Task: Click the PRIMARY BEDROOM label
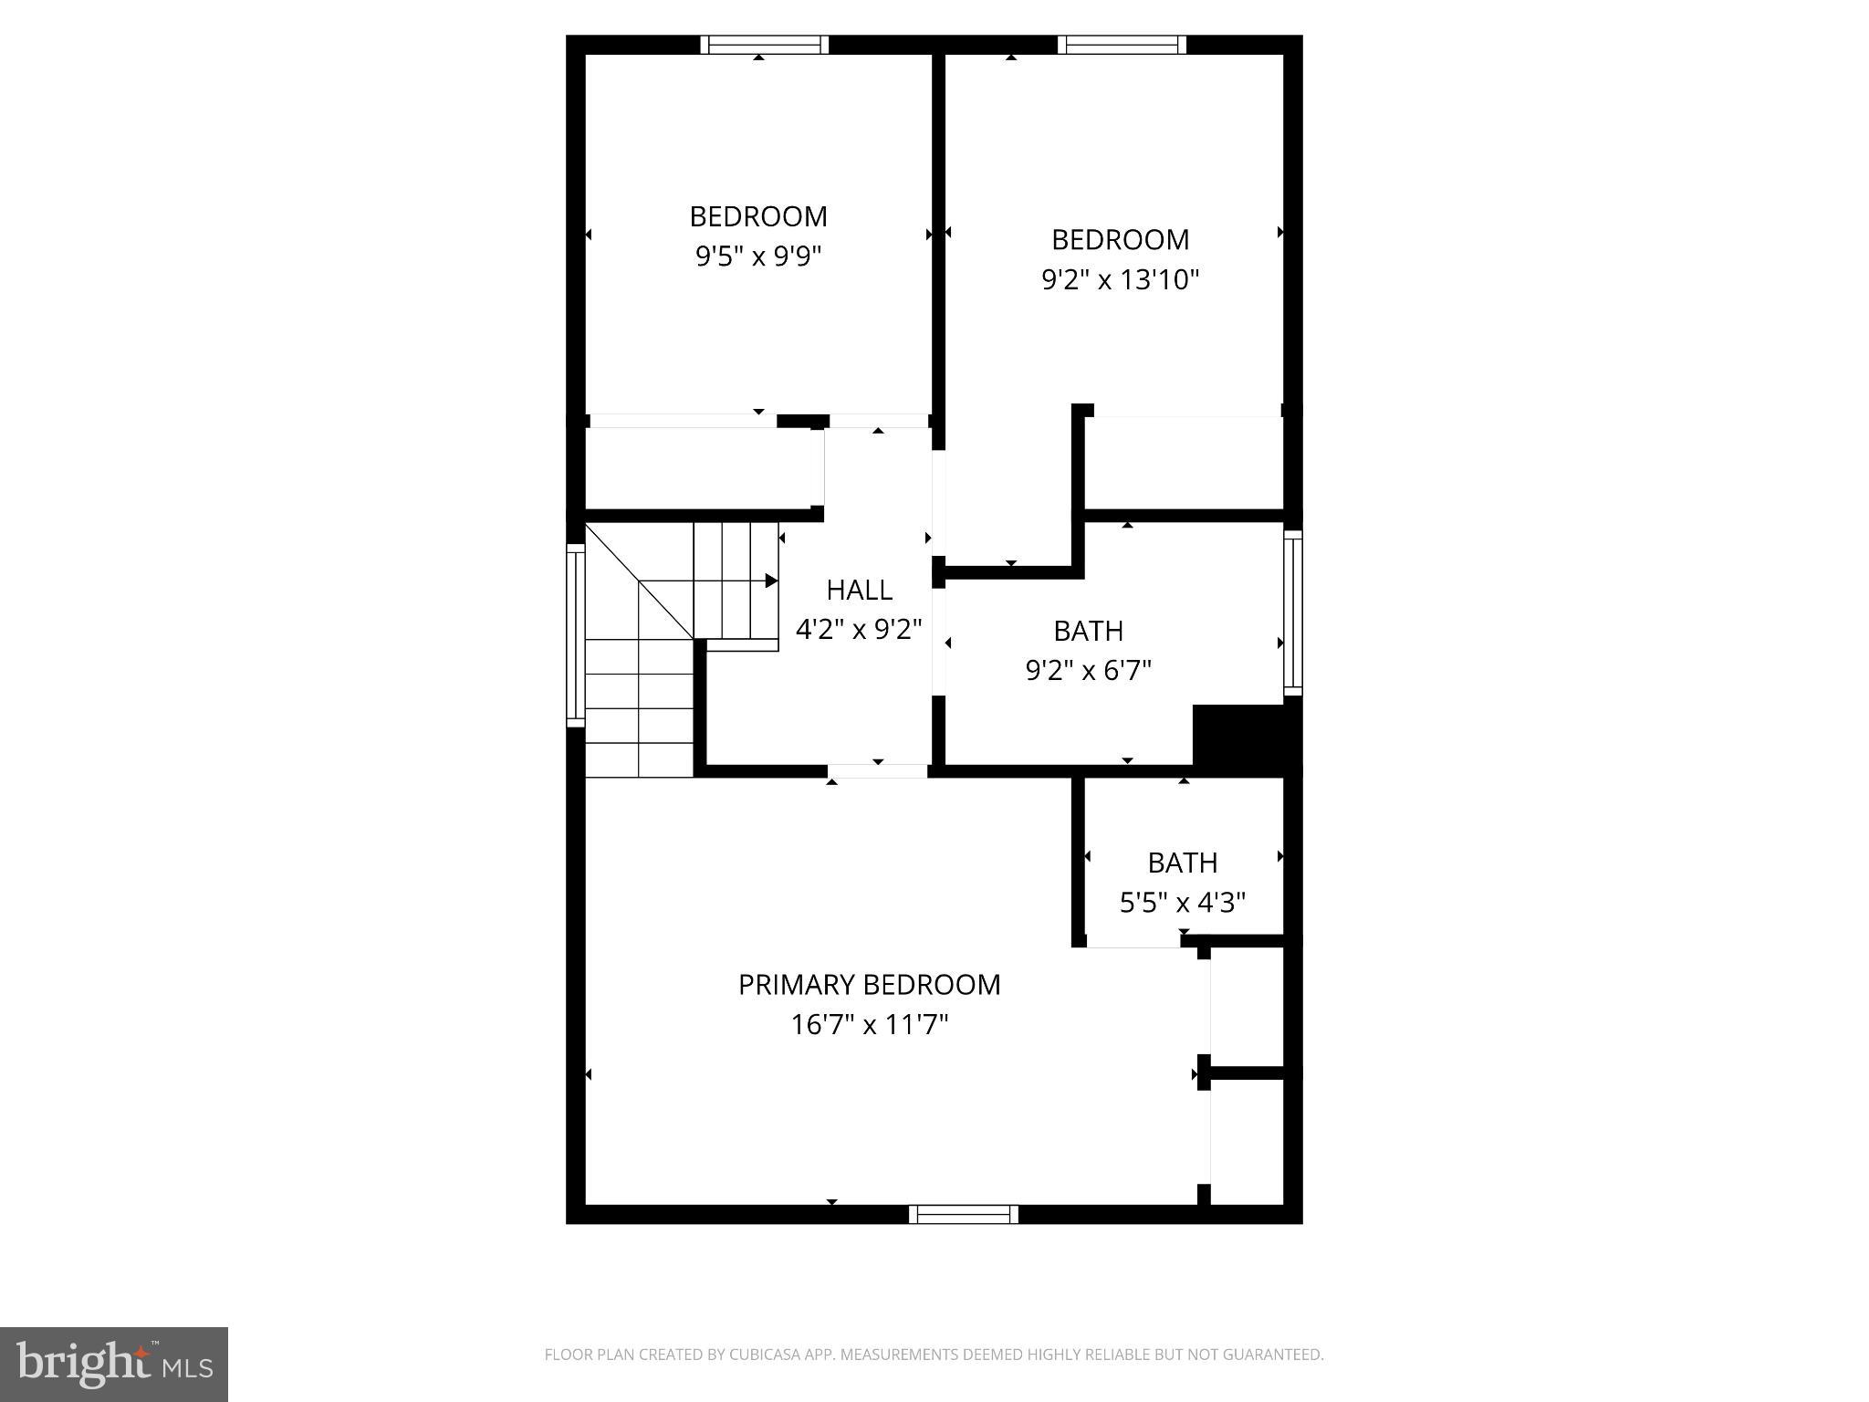coord(869,985)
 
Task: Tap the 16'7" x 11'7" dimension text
coord(869,1025)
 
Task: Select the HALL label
coord(859,590)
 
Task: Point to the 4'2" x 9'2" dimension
coord(859,629)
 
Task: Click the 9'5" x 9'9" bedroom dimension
coord(758,256)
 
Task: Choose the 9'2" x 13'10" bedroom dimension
coord(1120,279)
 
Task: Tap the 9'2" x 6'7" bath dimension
coord(1088,671)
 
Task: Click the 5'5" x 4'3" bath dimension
coord(1182,903)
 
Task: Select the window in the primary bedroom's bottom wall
coord(963,1214)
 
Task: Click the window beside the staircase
coord(575,635)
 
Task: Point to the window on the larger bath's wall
coord(1293,612)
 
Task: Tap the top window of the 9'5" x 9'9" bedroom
coord(764,45)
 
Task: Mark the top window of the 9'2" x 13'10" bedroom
coord(1122,45)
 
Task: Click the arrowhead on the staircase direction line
coord(771,581)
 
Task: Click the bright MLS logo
coord(114,1364)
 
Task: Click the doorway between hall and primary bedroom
coord(877,771)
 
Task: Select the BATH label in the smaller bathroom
coord(1182,863)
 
